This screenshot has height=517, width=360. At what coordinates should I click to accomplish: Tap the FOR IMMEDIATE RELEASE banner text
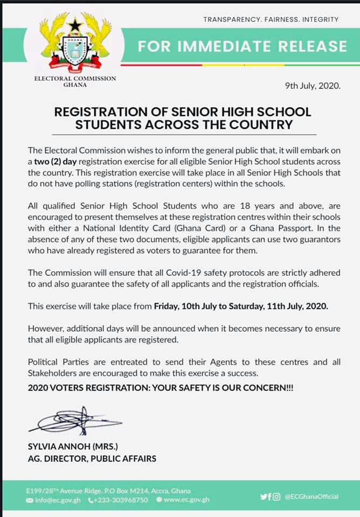click(x=242, y=46)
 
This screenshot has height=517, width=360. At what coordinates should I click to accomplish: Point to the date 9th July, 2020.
click(x=313, y=86)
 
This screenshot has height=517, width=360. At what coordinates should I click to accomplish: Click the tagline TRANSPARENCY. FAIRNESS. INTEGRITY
click(x=271, y=19)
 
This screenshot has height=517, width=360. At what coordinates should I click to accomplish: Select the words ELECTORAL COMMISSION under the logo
click(x=75, y=79)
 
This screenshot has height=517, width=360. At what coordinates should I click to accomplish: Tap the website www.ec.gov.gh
click(x=186, y=500)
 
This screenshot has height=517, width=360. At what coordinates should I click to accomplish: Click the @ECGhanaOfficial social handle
click(x=311, y=496)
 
